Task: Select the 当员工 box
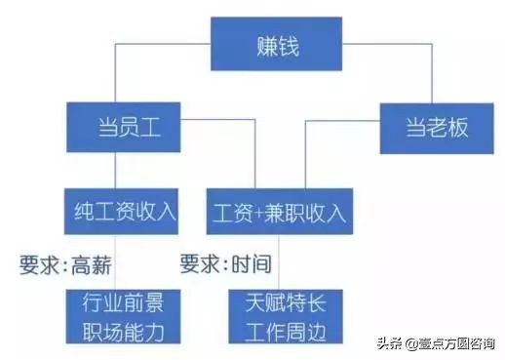tap(119, 127)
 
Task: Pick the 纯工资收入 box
tap(121, 211)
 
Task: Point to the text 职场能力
tap(121, 329)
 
